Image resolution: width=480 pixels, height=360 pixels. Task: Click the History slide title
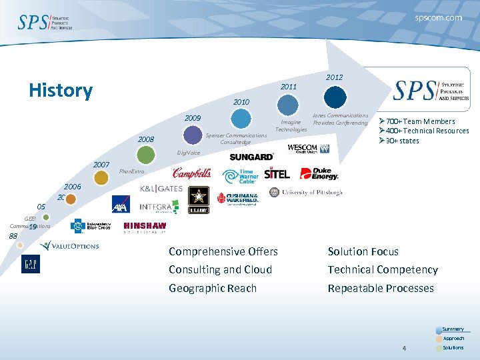point(61,91)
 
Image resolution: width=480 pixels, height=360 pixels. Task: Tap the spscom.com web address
point(438,18)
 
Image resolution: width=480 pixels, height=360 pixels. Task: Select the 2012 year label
point(334,77)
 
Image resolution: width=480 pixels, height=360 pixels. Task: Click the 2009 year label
point(193,118)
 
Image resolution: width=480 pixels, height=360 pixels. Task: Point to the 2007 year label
point(101,164)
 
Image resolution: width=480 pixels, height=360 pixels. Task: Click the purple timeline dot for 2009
point(193,135)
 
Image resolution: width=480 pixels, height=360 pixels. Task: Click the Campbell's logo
point(192,174)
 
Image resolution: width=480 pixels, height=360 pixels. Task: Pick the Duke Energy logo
point(319,173)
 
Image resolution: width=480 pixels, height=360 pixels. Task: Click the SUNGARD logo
point(251,157)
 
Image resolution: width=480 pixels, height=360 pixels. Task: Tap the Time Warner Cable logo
point(240,176)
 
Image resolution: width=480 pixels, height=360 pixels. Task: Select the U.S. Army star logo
point(199,199)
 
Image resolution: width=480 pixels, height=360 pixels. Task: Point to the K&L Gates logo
point(161,189)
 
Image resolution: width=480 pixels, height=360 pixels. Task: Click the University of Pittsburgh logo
point(306,193)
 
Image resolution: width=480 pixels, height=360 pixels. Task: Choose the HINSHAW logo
point(145,227)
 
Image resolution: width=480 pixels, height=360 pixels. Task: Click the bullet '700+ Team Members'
point(417,121)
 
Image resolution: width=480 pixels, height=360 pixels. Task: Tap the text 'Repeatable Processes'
point(381,288)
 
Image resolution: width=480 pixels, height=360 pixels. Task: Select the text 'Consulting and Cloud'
point(220,269)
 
